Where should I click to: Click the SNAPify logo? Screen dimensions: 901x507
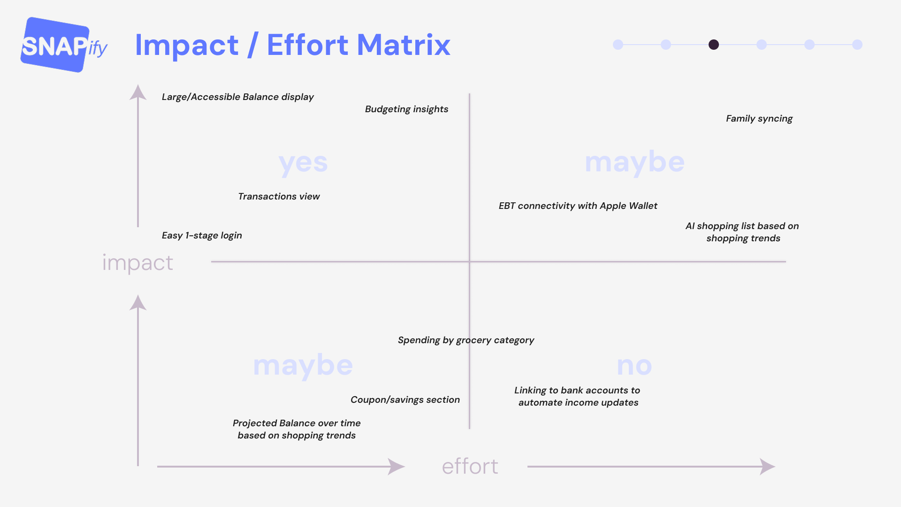pos(63,45)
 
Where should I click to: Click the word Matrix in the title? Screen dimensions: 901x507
pos(403,45)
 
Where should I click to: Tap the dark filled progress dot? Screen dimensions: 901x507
pos(713,45)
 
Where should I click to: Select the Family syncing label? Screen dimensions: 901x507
pos(759,118)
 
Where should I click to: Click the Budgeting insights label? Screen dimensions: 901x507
pos(406,109)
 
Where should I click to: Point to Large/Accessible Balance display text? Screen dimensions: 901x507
pos(237,97)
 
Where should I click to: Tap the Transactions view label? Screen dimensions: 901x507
pos(279,196)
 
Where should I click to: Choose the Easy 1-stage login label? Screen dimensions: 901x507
pos(202,235)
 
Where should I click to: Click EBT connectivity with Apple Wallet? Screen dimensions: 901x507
pos(578,206)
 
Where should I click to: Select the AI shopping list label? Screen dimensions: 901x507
pos(742,232)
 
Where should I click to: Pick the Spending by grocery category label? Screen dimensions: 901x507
pos(466,340)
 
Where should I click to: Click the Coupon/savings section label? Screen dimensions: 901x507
pos(405,399)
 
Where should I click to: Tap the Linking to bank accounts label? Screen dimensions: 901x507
pos(577,396)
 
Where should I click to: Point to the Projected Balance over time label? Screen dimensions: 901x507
pos(297,429)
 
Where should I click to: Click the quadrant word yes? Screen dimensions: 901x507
pos(303,163)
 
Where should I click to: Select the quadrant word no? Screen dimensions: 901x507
pos(634,366)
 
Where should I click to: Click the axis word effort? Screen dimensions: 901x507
pos(470,466)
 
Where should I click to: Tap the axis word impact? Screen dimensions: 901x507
pos(137,262)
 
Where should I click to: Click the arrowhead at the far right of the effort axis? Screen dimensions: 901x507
pos(768,467)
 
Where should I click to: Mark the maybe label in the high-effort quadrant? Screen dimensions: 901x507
pos(634,162)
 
